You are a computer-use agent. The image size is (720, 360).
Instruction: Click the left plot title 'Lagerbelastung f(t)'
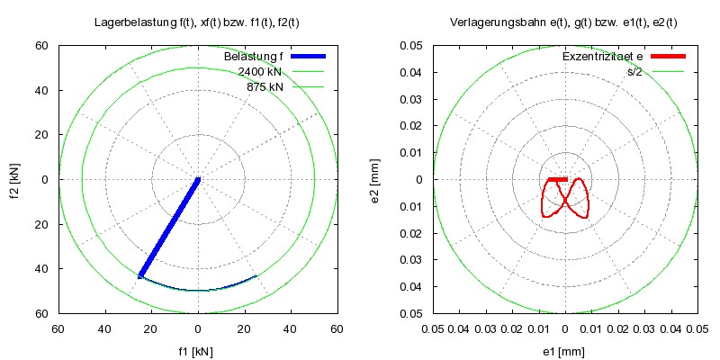(197, 20)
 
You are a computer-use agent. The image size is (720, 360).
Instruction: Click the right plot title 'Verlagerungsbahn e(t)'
(565, 20)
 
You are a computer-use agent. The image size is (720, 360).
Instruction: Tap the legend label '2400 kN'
(260, 72)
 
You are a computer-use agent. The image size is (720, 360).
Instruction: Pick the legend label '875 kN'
(265, 86)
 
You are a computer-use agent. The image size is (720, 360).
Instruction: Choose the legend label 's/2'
(634, 72)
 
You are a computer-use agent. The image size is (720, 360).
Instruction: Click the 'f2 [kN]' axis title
(15, 179)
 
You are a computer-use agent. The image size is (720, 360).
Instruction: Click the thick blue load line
(169, 227)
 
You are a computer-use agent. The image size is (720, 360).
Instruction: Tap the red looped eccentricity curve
(585, 198)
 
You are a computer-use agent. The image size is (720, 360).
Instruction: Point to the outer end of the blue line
(141, 275)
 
